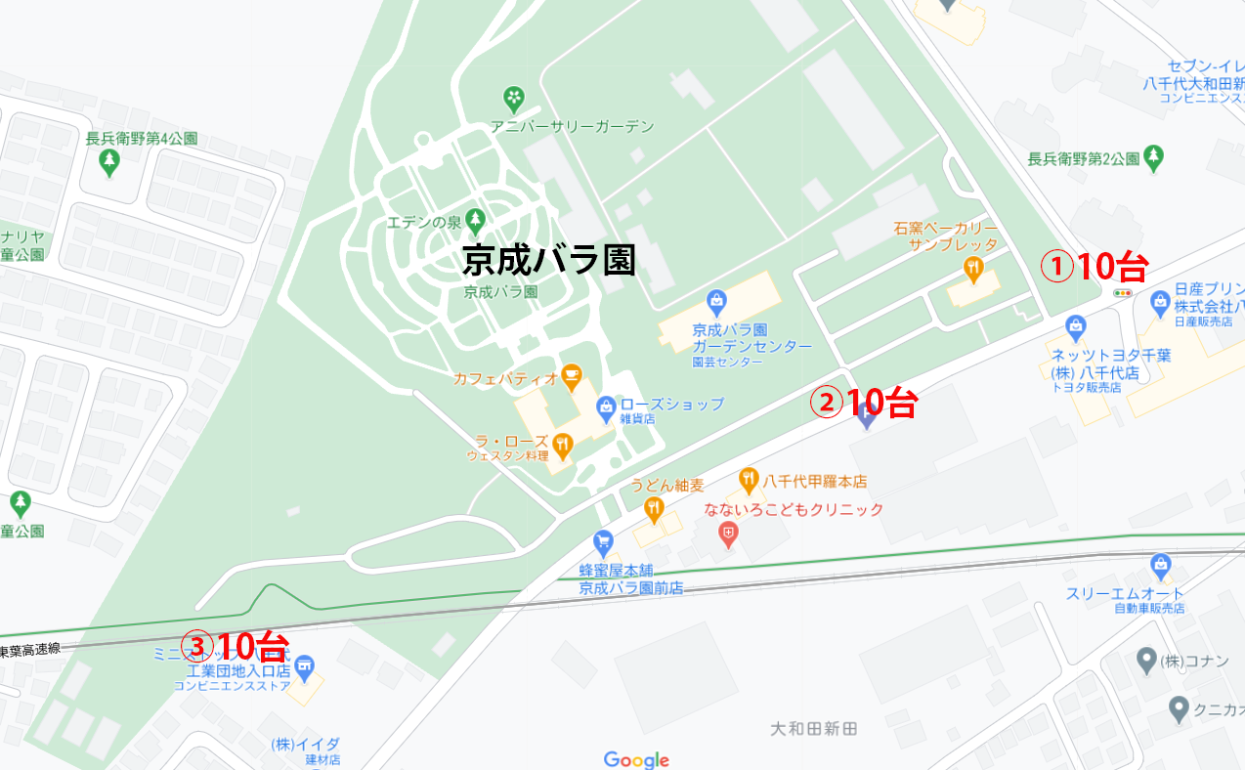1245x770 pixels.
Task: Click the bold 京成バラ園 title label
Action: [548, 260]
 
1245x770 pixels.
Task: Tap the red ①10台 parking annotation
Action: [1092, 266]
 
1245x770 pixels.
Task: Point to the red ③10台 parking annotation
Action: [238, 646]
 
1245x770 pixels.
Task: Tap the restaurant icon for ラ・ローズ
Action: [562, 447]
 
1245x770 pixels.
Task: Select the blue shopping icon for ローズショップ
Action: [606, 405]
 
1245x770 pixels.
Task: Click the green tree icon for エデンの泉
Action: [475, 218]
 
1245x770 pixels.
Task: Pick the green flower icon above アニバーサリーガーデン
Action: [513, 98]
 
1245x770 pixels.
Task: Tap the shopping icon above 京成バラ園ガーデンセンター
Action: [717, 300]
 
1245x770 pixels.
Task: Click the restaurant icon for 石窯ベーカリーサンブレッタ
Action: [972, 267]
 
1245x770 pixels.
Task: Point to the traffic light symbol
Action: [1123, 292]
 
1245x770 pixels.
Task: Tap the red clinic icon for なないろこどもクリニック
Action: [728, 534]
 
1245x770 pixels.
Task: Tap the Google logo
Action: [636, 759]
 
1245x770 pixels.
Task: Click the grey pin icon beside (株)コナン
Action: [1147, 662]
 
